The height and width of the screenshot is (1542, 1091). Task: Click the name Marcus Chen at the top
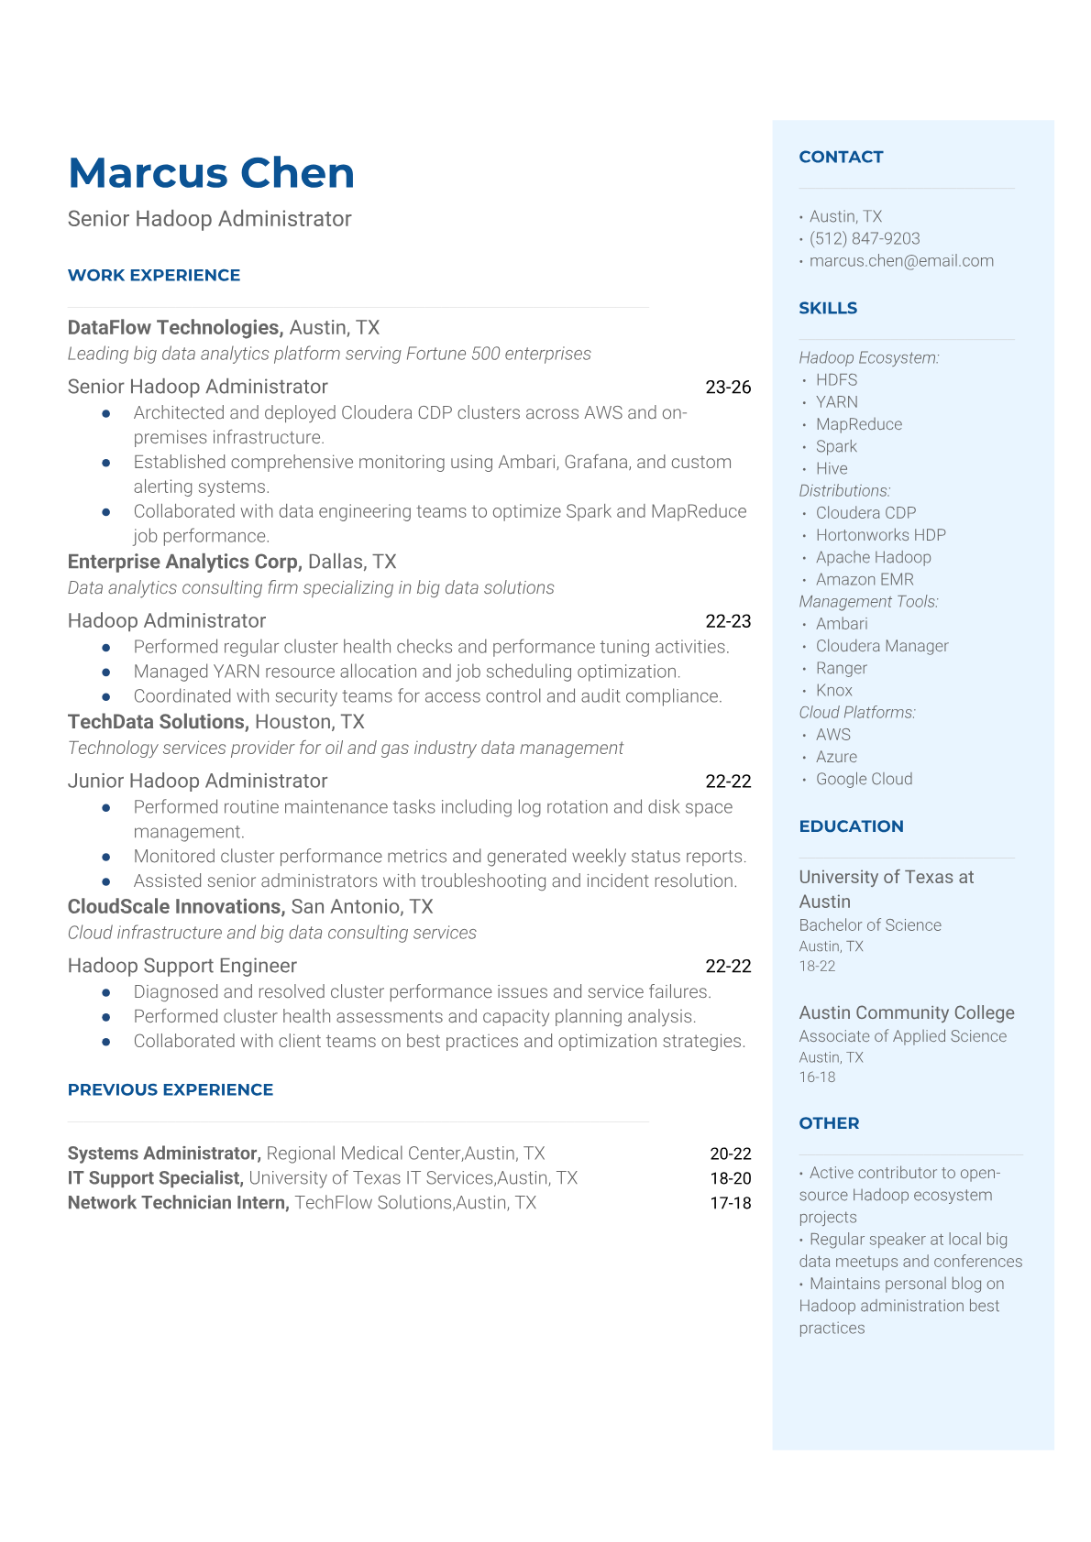[211, 173]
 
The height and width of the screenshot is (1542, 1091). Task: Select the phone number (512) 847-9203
[865, 238]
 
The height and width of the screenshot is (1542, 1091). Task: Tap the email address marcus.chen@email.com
[901, 260]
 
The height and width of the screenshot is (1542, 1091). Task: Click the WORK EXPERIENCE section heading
[154, 275]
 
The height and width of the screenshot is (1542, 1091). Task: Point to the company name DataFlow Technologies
[174, 328]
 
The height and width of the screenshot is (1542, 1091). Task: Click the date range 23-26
[728, 388]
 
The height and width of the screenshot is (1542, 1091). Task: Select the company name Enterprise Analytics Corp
[184, 562]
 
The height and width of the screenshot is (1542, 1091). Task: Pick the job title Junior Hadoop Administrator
[197, 781]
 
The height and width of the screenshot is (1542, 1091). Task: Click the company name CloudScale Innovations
[175, 906]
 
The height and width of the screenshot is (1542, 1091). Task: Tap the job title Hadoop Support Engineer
[182, 966]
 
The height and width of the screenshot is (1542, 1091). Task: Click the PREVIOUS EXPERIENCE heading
[171, 1089]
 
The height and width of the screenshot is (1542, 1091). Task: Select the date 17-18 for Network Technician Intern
[730, 1203]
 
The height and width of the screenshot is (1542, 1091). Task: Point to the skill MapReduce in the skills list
[859, 424]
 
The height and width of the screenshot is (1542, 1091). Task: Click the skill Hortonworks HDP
[880, 535]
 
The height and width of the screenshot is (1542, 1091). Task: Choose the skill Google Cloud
[864, 779]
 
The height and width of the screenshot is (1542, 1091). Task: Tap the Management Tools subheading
[868, 601]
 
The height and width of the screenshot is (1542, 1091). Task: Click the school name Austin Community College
[906, 1012]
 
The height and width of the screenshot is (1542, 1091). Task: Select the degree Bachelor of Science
[870, 925]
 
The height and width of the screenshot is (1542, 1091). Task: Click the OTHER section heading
[829, 1123]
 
